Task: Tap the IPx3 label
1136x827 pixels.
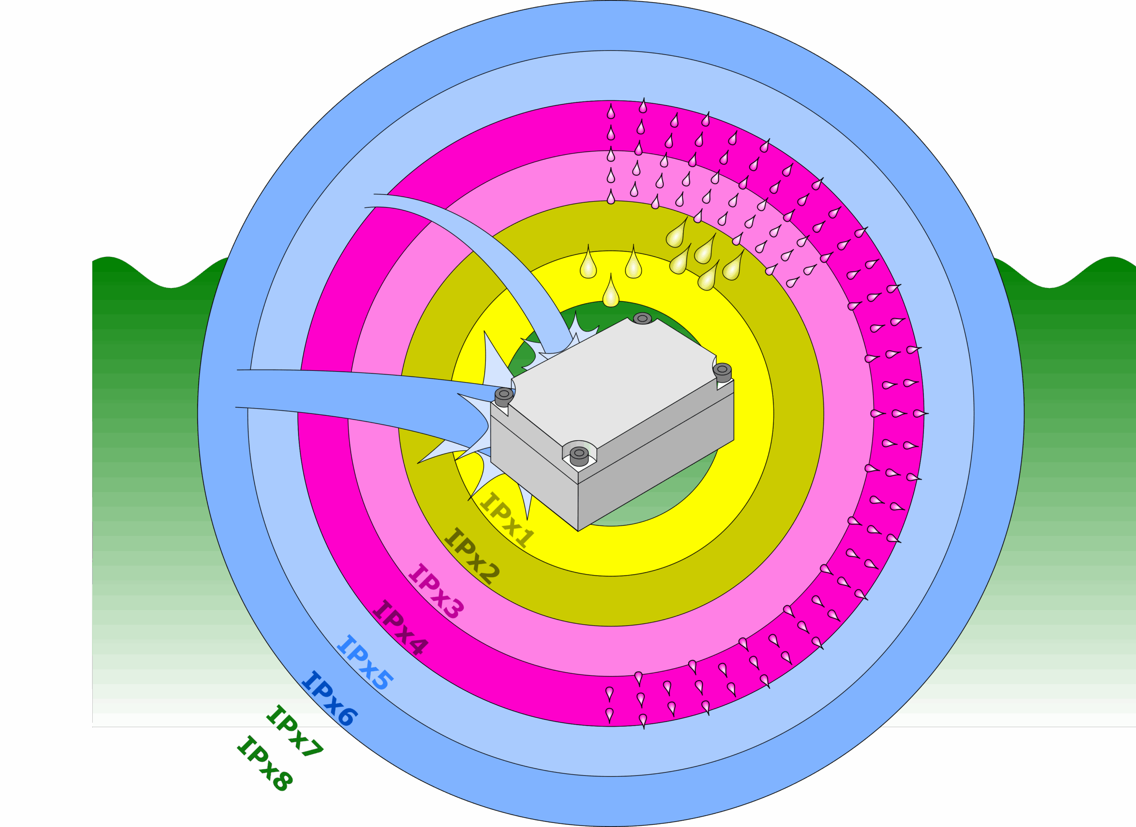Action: coord(436,591)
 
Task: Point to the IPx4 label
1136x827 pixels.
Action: coord(400,628)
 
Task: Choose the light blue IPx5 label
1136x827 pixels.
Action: coord(365,662)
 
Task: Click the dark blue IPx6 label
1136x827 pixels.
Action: coord(329,698)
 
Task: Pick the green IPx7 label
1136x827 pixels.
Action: coord(295,732)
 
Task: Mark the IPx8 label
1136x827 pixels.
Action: coord(264,764)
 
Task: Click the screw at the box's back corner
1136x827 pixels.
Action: coord(642,318)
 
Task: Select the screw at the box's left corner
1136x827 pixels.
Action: coord(504,396)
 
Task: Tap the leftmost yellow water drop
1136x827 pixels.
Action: coord(588,265)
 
